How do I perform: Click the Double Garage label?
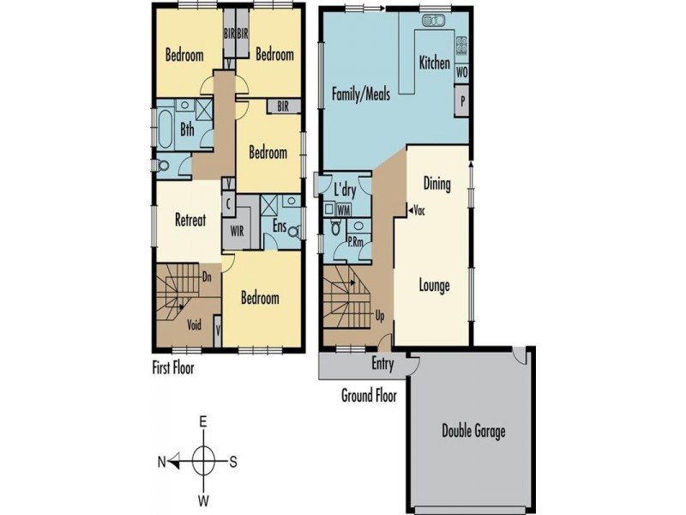472,431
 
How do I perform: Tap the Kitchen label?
434,63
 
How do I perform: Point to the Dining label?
438,183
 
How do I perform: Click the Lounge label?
434,286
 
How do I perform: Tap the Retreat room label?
190,220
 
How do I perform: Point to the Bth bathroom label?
187,130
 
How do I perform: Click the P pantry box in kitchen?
461,101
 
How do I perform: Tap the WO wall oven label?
461,72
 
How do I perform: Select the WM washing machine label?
343,209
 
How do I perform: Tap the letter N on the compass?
161,462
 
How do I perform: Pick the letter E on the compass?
204,422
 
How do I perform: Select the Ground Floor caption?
368,396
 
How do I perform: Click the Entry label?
382,364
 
